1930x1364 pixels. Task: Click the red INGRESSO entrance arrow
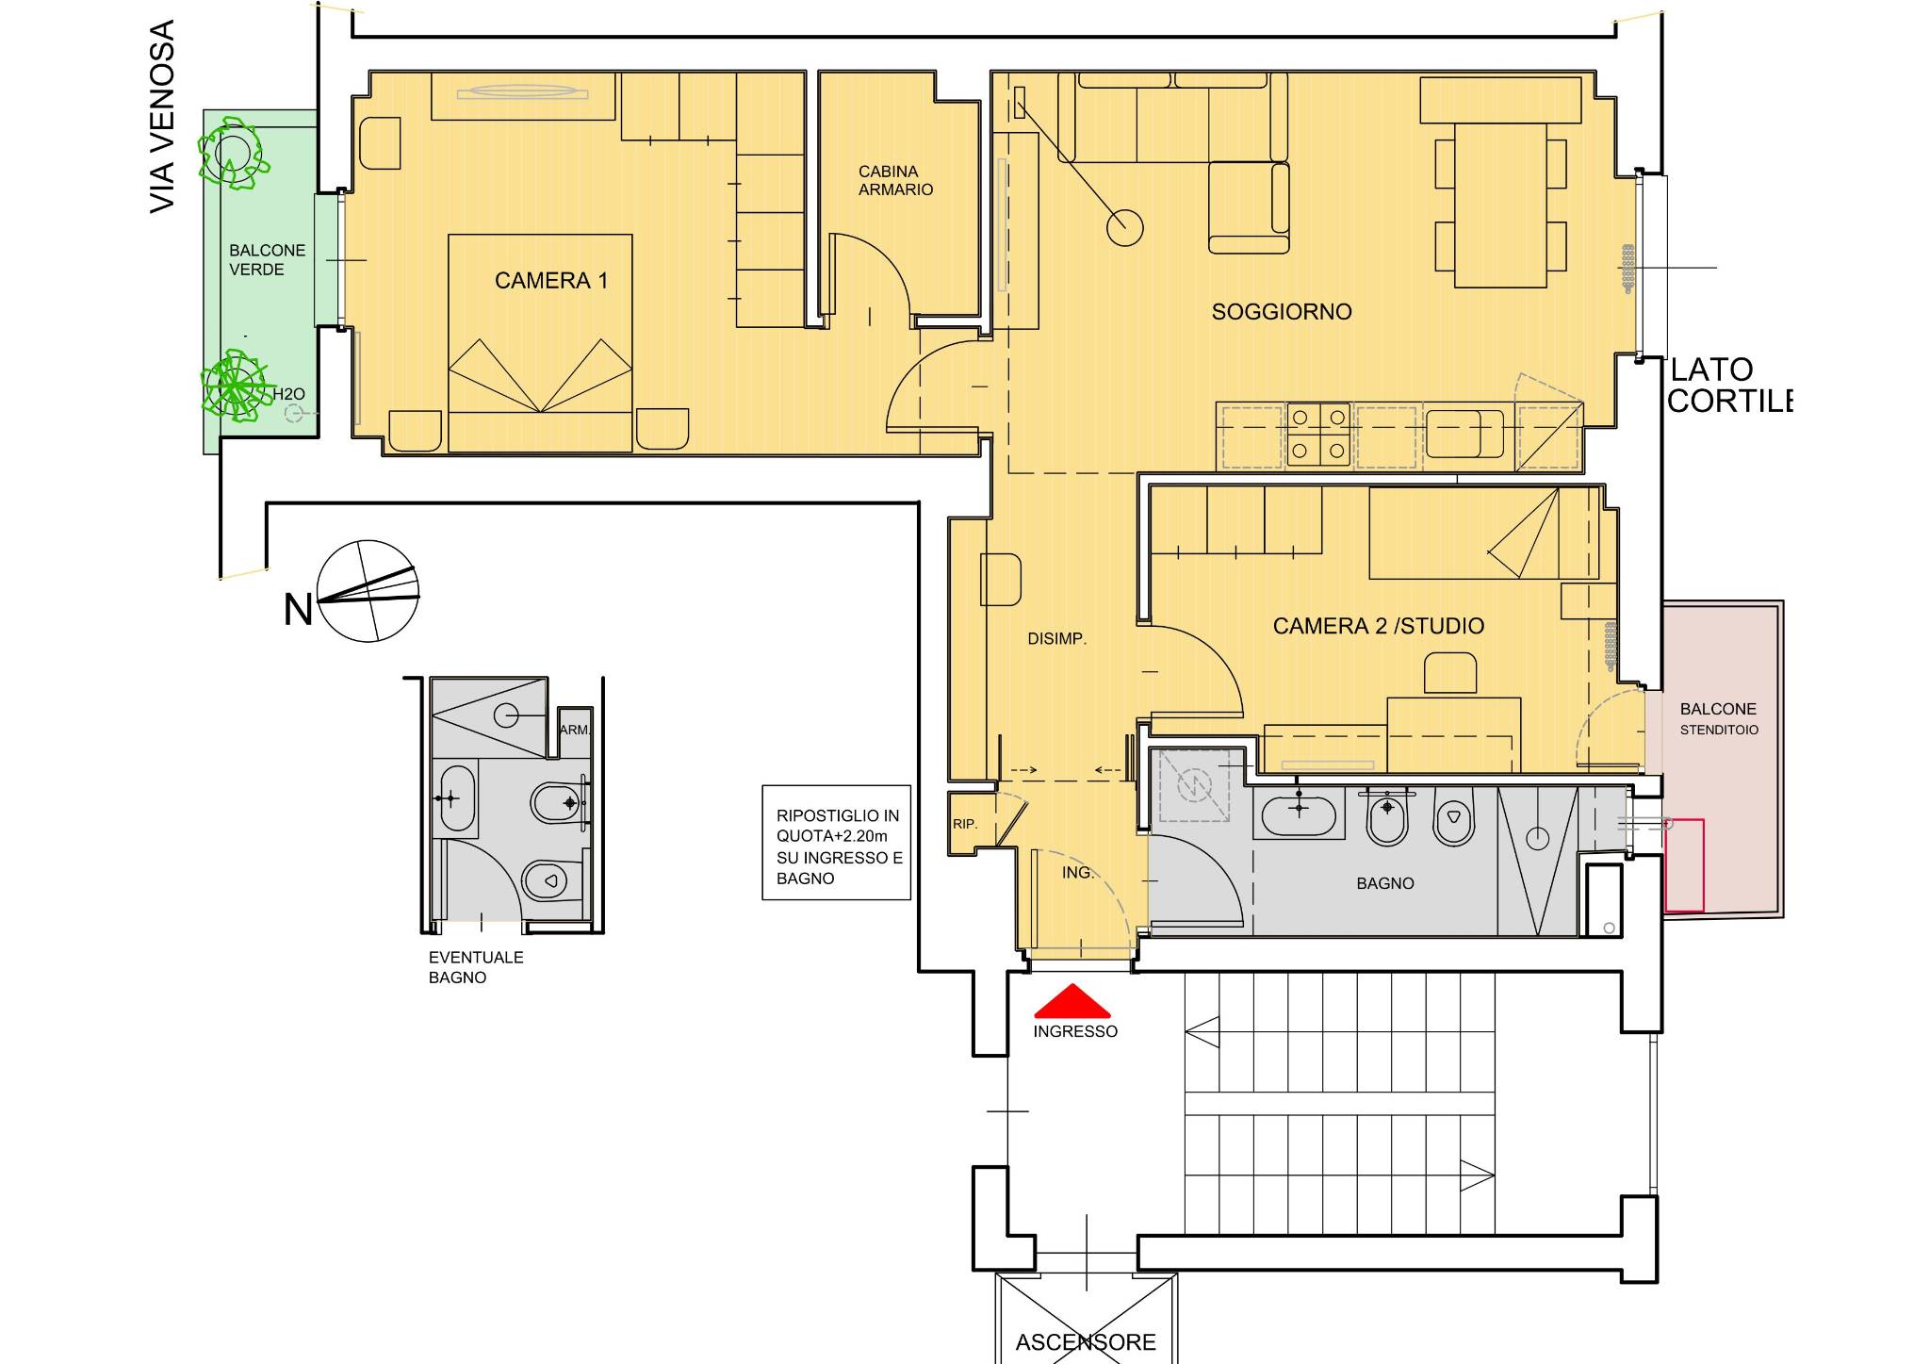1072,1001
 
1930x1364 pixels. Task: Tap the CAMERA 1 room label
551,280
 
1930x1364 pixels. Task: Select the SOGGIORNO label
1282,311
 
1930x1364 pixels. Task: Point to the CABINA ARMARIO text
895,180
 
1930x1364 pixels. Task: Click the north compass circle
368,591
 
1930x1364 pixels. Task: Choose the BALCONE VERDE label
267,259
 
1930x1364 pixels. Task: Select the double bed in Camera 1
540,343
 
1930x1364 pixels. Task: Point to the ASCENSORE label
1086,1341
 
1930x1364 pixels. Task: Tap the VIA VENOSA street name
163,117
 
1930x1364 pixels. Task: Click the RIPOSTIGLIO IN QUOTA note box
837,843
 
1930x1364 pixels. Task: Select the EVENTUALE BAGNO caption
476,967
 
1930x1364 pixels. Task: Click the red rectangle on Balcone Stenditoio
1684,866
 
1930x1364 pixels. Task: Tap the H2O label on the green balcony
288,394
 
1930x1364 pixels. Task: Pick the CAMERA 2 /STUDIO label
1378,626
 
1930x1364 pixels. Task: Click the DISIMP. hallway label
1056,639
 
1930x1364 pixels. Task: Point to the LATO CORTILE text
1728,385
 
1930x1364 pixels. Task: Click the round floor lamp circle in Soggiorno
1124,227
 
